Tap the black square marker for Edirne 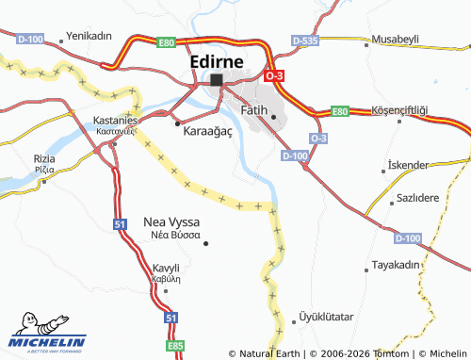click(217, 80)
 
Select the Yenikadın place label click(89, 37)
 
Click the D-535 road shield click(304, 41)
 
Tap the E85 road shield click(175, 346)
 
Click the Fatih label click(255, 110)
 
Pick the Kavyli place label click(166, 268)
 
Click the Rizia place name click(44, 158)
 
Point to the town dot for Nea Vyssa click(206, 244)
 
